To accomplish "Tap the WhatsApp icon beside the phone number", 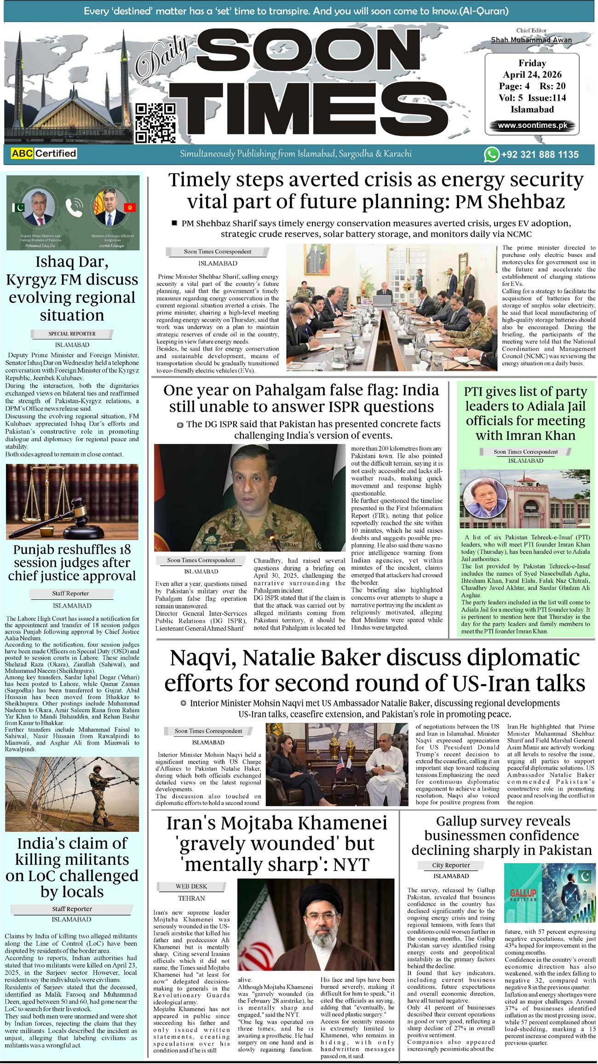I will coord(491,154).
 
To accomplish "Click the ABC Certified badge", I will coord(40,153).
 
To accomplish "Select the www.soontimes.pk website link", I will coord(532,125).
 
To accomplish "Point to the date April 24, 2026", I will coord(532,74).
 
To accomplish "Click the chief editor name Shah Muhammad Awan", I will coord(531,40).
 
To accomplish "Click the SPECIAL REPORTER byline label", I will coord(72,334).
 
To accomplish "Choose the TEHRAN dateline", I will coord(191,898).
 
